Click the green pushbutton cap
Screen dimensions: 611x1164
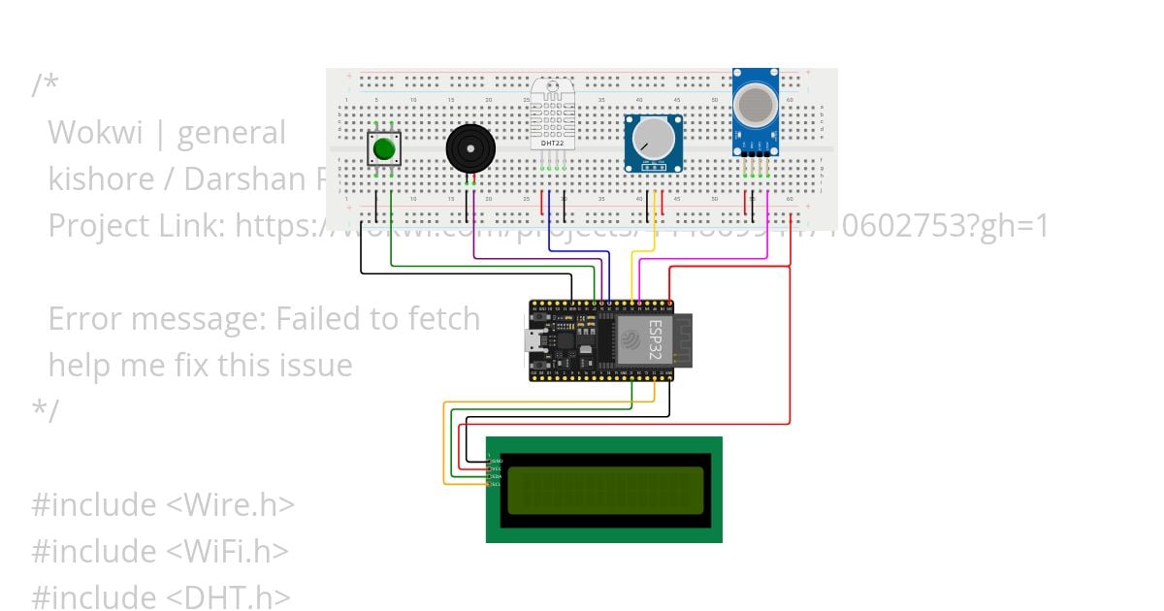[x=384, y=149]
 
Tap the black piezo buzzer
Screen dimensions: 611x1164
[x=470, y=148]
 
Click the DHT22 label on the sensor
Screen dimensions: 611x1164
[x=553, y=144]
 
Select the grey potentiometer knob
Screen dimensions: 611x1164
[x=653, y=139]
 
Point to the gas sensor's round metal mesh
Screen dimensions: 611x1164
[x=755, y=103]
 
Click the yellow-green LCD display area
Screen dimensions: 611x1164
[x=604, y=490]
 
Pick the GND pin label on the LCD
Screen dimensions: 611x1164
[x=497, y=461]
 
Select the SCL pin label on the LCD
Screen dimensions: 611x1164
[x=497, y=483]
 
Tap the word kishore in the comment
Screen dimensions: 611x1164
[x=101, y=179]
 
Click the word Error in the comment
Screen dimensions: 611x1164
[x=82, y=319]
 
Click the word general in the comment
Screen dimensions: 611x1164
[x=231, y=133]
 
